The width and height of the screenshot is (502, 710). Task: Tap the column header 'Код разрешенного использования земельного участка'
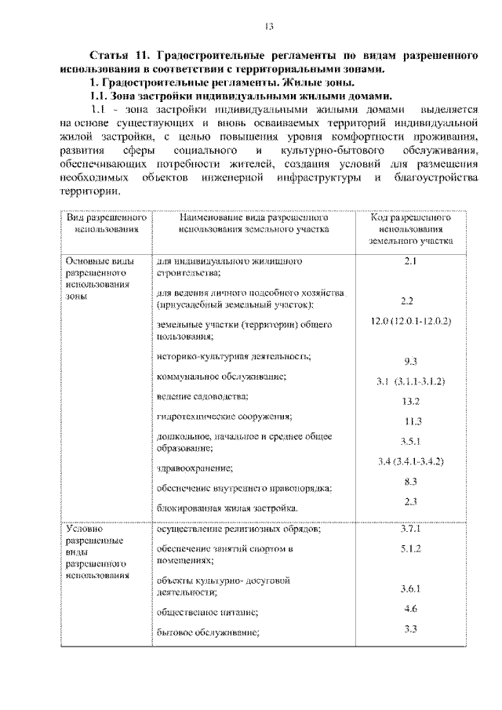point(409,229)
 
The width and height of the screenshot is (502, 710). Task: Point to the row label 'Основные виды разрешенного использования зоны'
point(96,279)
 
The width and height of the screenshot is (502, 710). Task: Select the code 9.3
point(409,362)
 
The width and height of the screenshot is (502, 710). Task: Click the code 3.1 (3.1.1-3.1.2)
point(409,381)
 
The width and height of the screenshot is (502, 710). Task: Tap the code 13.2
point(409,401)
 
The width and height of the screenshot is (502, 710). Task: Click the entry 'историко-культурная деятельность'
point(233,357)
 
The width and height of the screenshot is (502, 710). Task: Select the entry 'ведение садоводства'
point(202,395)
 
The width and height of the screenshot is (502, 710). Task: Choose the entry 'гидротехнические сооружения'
point(224,415)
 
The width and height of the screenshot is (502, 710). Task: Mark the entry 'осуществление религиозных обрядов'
point(238,530)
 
